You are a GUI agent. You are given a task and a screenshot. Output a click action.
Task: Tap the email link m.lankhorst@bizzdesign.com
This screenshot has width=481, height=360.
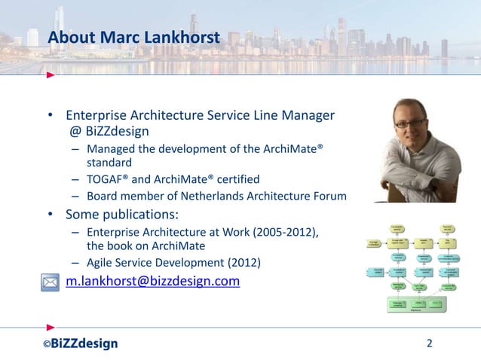point(152,282)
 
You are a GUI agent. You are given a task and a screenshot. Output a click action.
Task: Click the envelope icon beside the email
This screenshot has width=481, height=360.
point(50,282)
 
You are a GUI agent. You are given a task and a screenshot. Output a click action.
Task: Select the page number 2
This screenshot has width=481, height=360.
point(430,344)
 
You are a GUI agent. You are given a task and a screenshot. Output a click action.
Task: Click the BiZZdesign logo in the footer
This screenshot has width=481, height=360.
point(80,344)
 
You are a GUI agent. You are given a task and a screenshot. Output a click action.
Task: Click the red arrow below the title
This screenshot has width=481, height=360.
point(50,75)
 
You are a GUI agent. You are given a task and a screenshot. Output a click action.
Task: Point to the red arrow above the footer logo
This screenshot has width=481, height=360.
point(50,327)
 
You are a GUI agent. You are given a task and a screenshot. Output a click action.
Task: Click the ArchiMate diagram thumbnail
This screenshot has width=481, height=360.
point(415,267)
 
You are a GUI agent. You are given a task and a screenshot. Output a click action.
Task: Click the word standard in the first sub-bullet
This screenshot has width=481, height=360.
point(110,162)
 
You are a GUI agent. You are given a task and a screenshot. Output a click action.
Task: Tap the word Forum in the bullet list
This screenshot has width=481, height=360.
point(329,197)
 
